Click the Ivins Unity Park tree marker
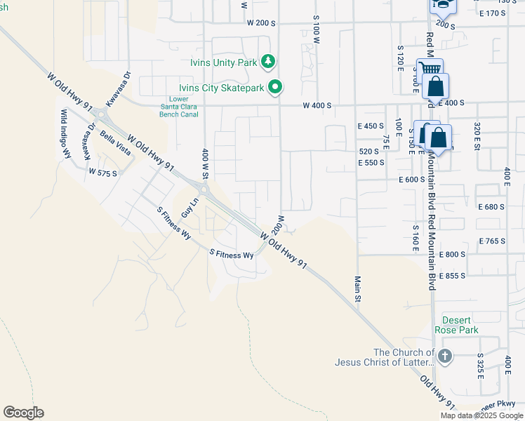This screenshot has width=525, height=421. (x=267, y=62)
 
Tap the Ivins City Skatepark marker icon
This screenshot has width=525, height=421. (x=276, y=87)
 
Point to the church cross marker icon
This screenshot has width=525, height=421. (x=446, y=356)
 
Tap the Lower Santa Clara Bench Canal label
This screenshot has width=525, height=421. (x=178, y=107)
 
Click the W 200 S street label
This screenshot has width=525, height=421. (x=261, y=23)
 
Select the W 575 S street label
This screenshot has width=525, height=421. (x=104, y=172)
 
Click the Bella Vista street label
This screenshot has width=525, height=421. (x=115, y=143)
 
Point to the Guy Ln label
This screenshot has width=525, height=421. (x=187, y=208)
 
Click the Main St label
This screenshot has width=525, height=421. (x=357, y=288)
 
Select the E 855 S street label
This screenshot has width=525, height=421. (x=452, y=276)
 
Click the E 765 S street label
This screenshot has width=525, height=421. (x=492, y=241)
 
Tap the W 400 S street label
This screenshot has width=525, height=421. (x=317, y=105)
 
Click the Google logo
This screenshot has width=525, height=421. (x=23, y=413)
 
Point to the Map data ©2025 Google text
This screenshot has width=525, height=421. (x=481, y=415)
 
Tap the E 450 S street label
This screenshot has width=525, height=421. (x=371, y=126)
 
